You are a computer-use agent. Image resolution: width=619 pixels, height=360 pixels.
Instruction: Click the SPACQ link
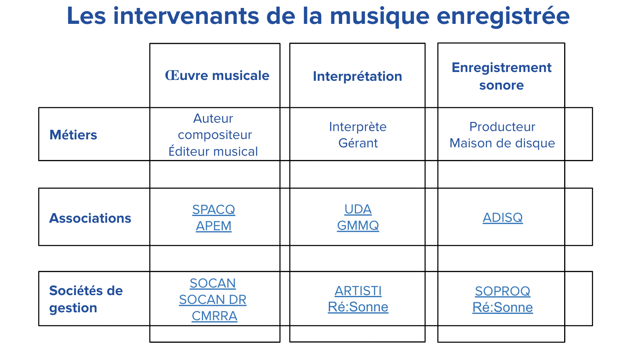(214, 209)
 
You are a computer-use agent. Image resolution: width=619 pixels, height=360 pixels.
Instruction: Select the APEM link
(214, 226)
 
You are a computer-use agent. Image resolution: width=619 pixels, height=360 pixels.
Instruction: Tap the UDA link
(358, 209)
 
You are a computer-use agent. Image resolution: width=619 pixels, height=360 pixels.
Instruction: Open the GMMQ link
(358, 226)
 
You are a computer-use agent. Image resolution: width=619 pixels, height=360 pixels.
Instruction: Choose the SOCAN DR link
(212, 299)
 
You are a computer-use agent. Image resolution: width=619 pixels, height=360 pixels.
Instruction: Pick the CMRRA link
(214, 316)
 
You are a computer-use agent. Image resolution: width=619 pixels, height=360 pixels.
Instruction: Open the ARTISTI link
(358, 291)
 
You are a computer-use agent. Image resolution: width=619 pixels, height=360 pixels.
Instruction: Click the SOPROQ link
(503, 291)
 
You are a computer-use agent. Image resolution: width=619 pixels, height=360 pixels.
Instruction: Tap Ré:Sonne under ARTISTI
(358, 307)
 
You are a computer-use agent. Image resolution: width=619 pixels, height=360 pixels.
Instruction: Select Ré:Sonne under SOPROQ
(503, 307)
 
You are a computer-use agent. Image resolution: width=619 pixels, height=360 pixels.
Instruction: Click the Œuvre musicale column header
(217, 75)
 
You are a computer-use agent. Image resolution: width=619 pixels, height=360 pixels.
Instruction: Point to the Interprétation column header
(357, 76)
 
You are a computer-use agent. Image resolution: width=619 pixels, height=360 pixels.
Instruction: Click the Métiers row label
(73, 135)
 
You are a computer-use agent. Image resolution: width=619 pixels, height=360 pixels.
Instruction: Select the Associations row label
(90, 218)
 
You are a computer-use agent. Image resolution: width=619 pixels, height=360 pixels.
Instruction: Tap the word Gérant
(358, 143)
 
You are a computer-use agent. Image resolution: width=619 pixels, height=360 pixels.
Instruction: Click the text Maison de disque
(502, 143)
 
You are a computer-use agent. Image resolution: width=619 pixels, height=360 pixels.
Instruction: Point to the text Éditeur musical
(213, 152)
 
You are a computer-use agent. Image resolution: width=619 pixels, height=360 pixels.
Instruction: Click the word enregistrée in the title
(503, 16)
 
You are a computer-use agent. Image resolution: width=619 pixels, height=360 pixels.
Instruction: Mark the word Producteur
(502, 127)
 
